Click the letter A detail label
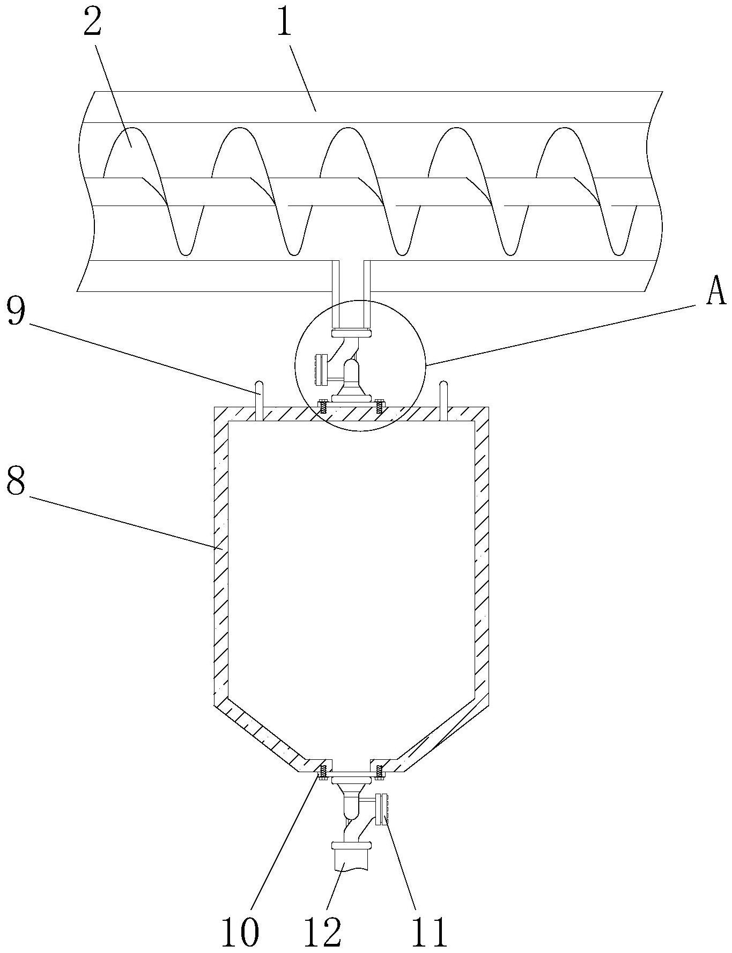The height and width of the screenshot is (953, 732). pyautogui.click(x=716, y=292)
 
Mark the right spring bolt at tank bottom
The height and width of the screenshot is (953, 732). pyautogui.click(x=380, y=771)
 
